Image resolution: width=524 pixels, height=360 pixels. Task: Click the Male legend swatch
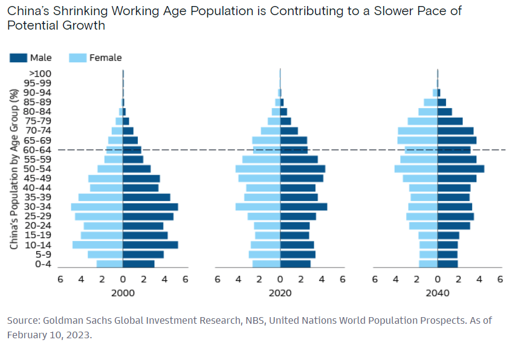[19, 58]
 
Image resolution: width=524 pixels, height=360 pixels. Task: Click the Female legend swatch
[78, 58]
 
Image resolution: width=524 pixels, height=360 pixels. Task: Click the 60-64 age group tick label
[37, 150]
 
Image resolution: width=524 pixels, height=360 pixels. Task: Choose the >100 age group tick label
[40, 74]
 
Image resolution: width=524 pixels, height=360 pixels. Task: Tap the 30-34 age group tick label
[37, 207]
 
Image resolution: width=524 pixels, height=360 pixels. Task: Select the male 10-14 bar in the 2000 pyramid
[150, 245]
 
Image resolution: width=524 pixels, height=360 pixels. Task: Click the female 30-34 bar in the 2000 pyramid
[97, 207]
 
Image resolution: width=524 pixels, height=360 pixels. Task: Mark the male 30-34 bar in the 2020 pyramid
[303, 207]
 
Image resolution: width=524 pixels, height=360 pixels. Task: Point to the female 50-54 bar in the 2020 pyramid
[258, 169]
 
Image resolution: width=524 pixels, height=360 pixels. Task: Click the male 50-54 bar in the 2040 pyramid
[461, 169]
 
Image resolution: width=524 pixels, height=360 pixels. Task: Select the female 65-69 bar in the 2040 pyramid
[418, 140]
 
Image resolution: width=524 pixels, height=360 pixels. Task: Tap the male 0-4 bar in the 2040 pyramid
[448, 264]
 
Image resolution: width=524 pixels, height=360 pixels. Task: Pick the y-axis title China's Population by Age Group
[14, 169]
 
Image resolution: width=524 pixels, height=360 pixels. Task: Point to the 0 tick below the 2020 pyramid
[280, 279]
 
